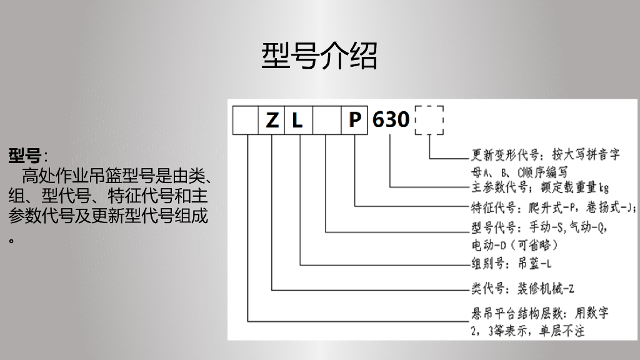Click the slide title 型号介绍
pyautogui.click(x=319, y=56)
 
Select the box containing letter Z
pyautogui.click(x=272, y=120)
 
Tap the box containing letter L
pyautogui.click(x=298, y=120)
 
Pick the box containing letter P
pyautogui.click(x=354, y=120)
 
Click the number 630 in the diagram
pyautogui.click(x=391, y=119)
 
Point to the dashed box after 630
pyautogui.click(x=429, y=119)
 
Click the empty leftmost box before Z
pyautogui.click(x=246, y=120)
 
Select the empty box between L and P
pyautogui.click(x=326, y=120)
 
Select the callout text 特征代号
pyautogui.click(x=492, y=208)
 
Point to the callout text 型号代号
pyautogui.click(x=492, y=226)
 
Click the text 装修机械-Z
pyautogui.click(x=544, y=288)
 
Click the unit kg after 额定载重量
pyautogui.click(x=603, y=187)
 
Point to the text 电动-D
pyautogui.click(x=487, y=244)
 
